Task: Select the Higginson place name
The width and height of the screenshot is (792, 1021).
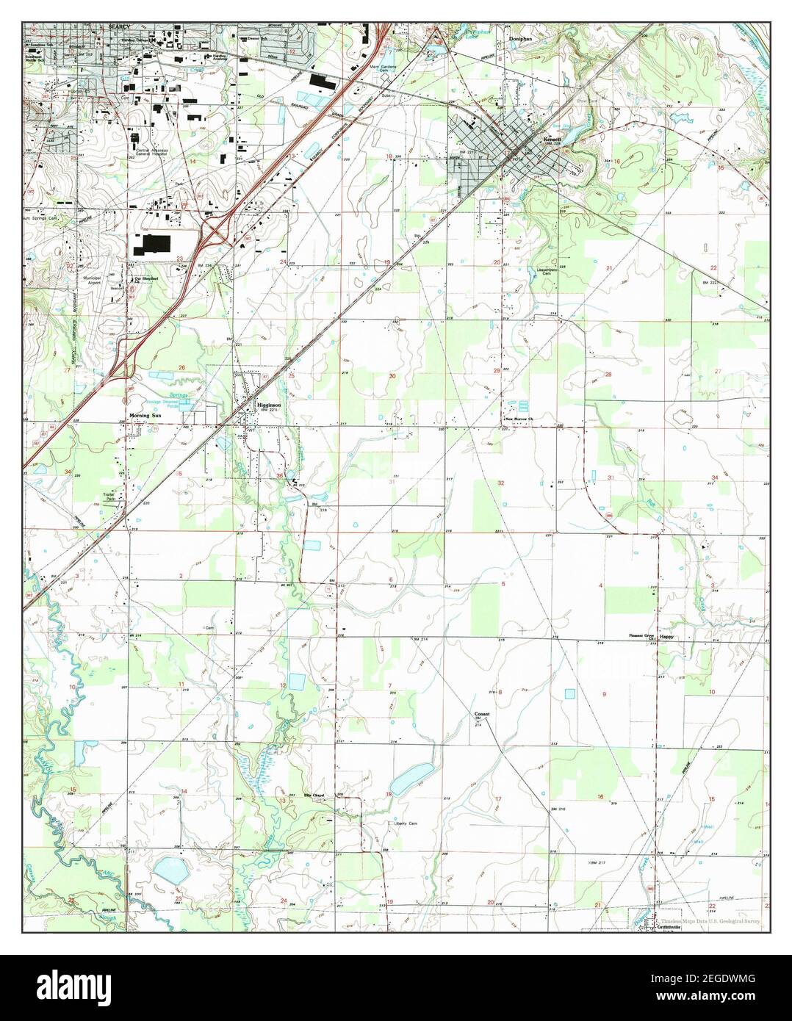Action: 267,405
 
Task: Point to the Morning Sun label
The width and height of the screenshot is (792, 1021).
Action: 145,416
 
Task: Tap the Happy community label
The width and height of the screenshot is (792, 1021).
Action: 666,637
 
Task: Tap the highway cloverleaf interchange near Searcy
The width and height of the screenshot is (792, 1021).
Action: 217,234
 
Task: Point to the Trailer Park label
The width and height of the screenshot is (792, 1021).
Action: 111,497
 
